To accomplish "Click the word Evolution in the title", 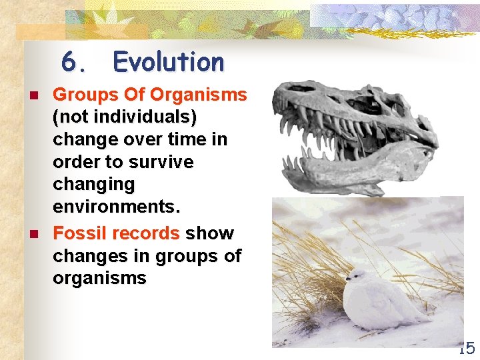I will point(169,62).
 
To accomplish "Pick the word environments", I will point(117,207).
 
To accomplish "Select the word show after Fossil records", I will point(210,233).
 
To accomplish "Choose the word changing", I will point(94,184).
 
